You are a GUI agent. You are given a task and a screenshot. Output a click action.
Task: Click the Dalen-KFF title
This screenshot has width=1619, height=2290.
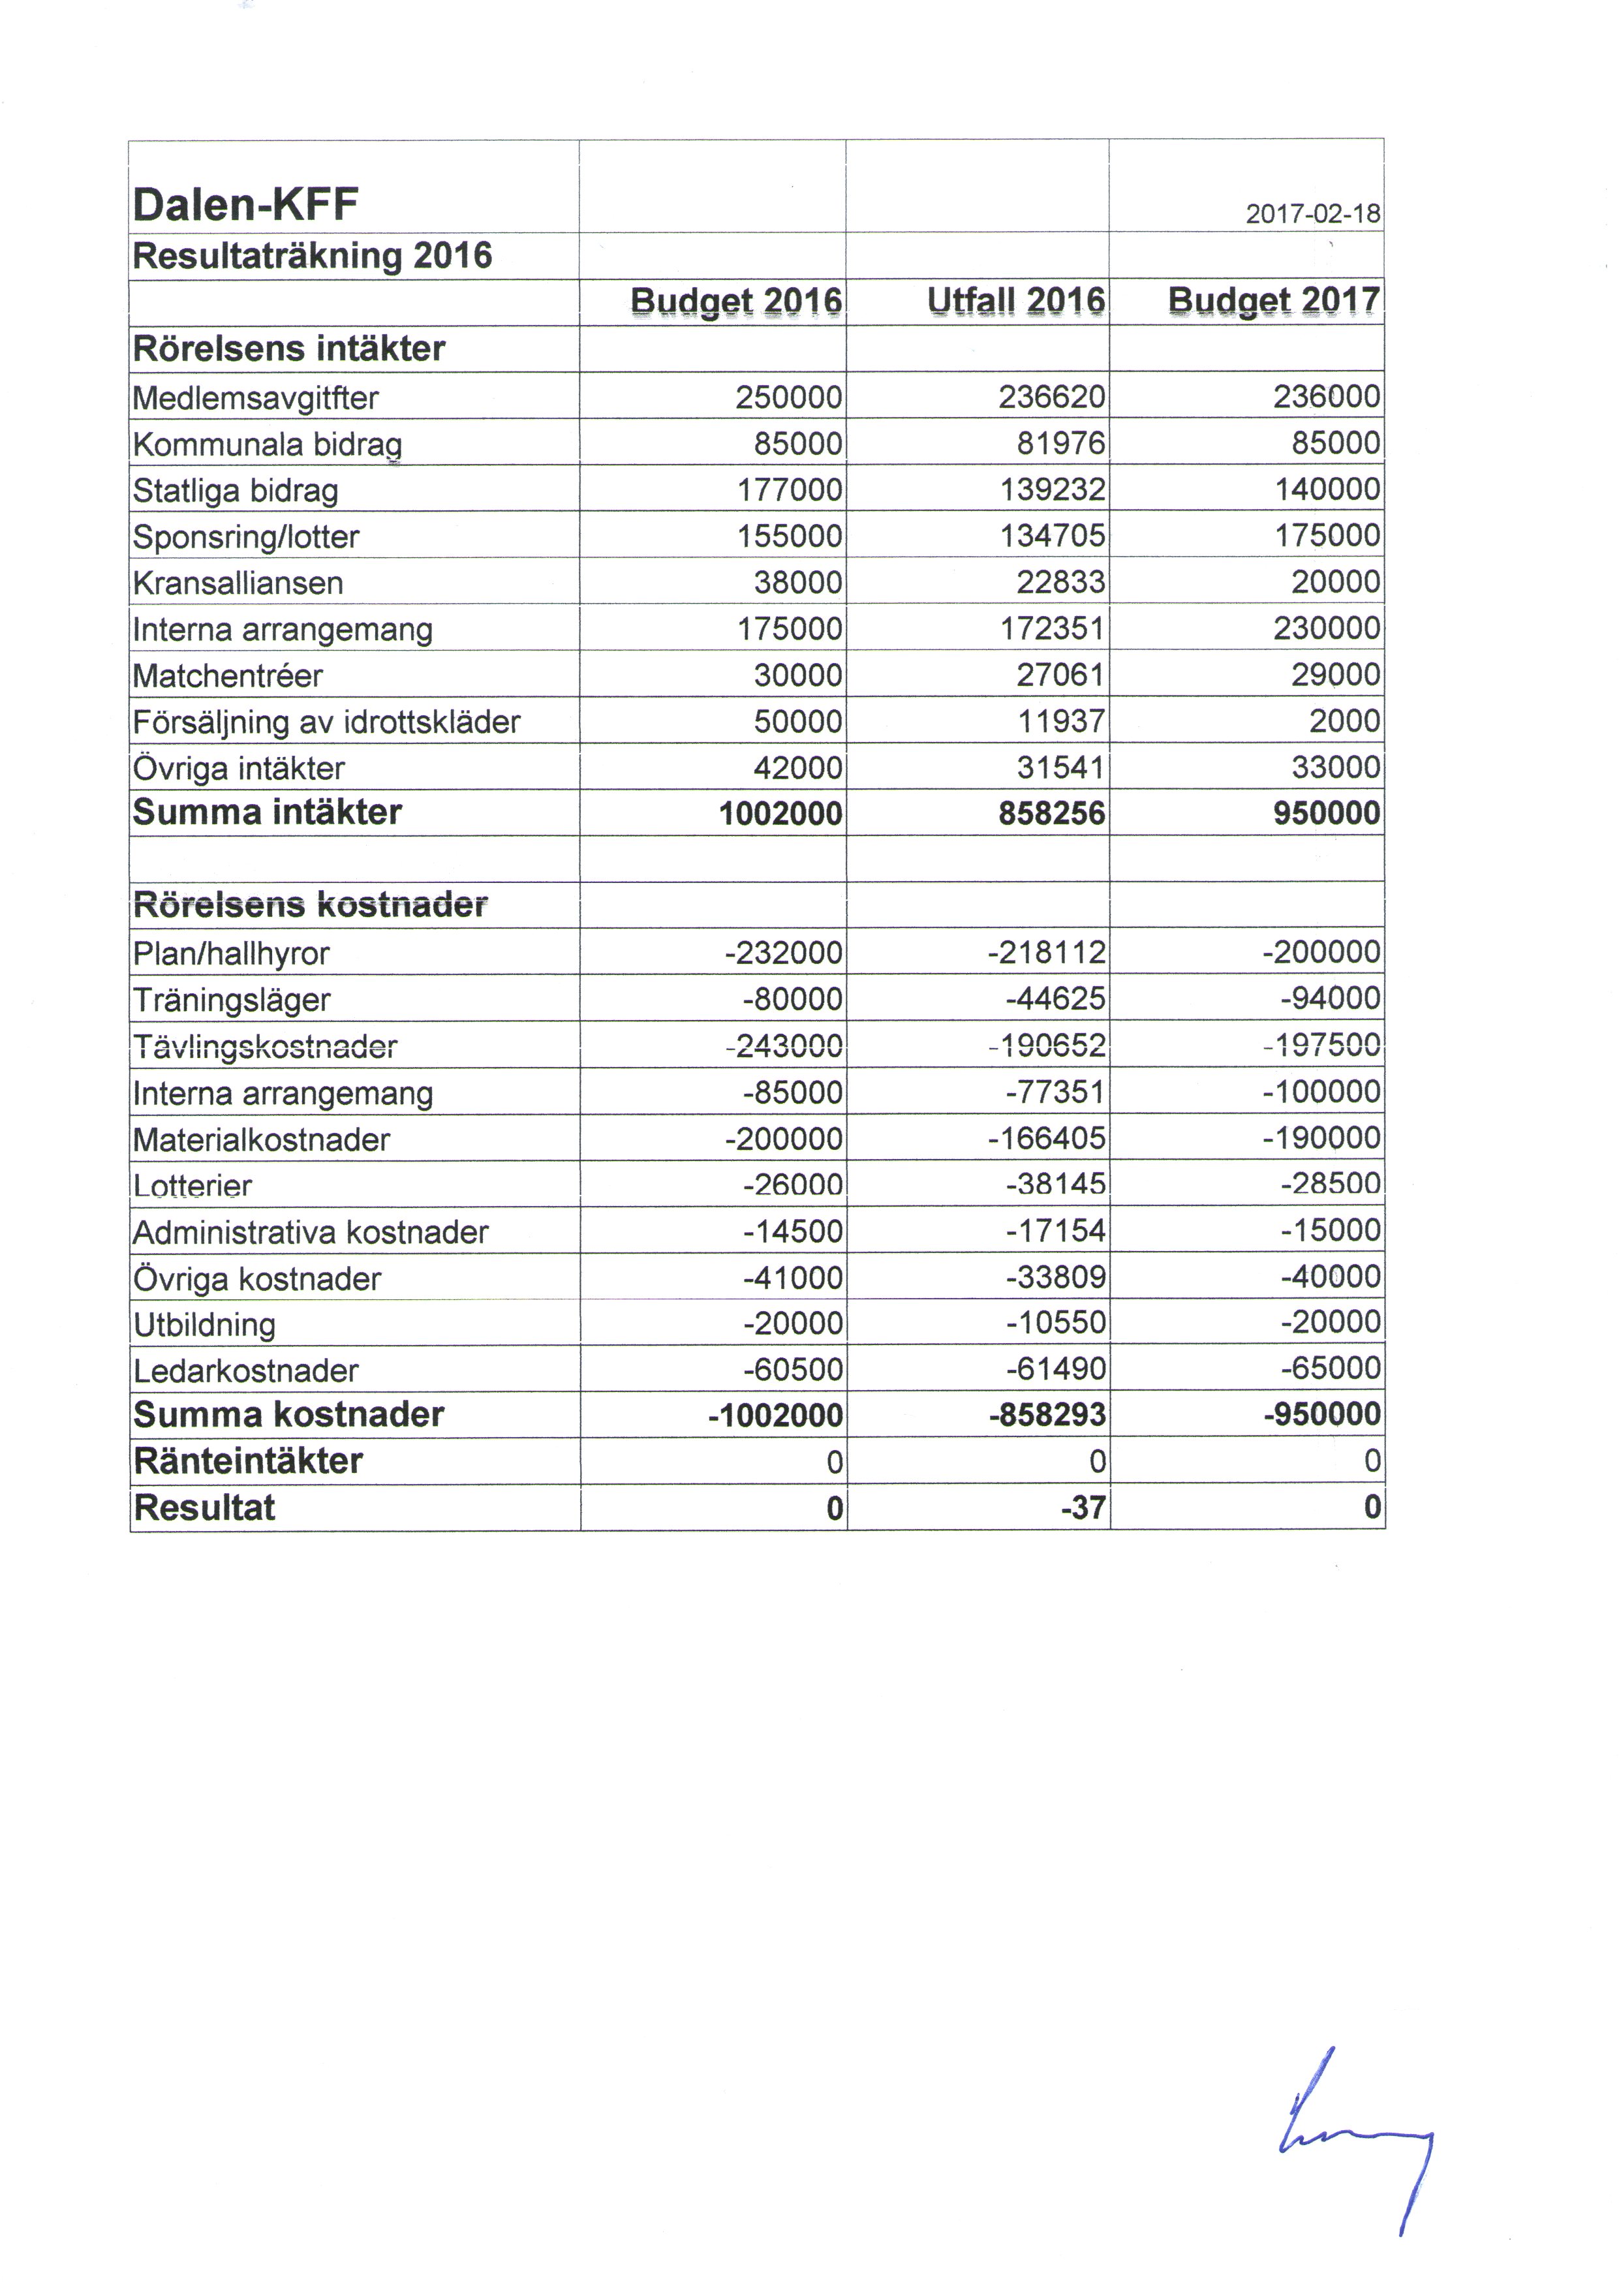(245, 206)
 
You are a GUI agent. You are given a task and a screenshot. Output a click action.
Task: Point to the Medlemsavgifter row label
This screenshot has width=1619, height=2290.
(255, 399)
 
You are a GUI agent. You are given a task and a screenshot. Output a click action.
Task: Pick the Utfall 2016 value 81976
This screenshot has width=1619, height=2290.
(1061, 444)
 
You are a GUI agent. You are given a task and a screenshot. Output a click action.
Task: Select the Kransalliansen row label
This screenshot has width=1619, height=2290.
(238, 583)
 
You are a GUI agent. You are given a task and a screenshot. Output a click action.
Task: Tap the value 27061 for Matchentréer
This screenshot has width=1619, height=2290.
(1061, 676)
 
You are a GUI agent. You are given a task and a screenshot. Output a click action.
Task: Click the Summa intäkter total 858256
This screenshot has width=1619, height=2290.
(1053, 814)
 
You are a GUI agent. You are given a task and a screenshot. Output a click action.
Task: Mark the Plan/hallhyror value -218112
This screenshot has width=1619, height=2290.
(1047, 953)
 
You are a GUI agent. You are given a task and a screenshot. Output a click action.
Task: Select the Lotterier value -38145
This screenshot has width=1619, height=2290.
(1055, 1185)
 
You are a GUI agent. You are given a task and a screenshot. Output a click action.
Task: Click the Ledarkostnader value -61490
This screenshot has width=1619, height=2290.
(1055, 1369)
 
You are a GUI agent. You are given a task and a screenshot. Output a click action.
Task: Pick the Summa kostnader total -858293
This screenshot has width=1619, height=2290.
(1047, 1416)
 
